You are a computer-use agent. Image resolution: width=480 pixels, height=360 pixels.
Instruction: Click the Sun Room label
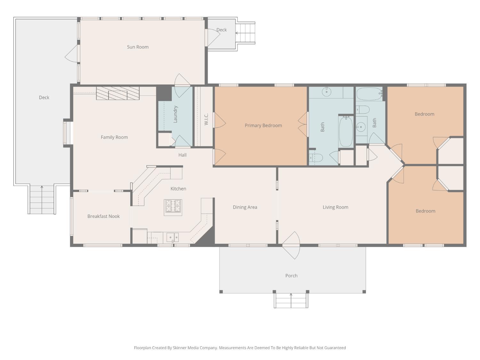coord(138,47)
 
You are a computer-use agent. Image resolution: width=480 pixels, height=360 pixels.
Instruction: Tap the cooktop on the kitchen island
coord(173,206)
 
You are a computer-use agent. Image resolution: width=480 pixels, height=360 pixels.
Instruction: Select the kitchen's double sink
coord(172,237)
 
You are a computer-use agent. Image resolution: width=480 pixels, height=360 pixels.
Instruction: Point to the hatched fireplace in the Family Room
coord(118,93)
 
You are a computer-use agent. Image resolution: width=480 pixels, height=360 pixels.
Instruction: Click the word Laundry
coord(175,114)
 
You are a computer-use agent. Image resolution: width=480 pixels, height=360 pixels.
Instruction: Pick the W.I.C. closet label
coord(206,119)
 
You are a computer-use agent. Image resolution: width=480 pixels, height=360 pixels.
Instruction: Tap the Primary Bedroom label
coord(263,125)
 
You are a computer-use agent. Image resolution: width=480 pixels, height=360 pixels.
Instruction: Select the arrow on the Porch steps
coord(291,295)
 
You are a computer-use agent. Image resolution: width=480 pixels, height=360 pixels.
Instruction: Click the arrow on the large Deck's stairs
coord(42,187)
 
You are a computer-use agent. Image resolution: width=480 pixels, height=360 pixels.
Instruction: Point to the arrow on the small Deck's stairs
coord(237,33)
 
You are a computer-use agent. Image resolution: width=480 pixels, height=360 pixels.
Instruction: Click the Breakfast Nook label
coord(103,216)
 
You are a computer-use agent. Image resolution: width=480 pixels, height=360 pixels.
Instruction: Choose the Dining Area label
coord(245,207)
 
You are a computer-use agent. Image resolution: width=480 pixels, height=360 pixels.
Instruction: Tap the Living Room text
coord(335,207)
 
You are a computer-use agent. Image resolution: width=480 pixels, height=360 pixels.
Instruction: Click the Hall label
coord(182,155)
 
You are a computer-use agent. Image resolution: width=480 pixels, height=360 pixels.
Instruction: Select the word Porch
coord(291,276)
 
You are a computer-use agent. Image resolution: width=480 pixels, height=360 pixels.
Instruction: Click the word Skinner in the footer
coord(180,348)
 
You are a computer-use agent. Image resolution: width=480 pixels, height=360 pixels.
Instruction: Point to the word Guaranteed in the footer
coord(335,348)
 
